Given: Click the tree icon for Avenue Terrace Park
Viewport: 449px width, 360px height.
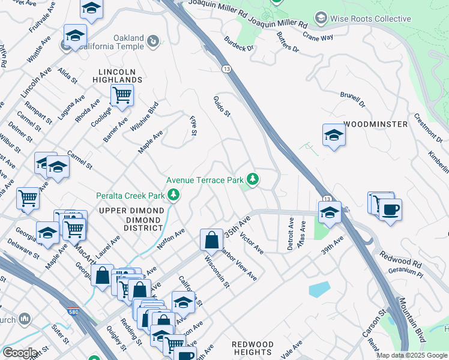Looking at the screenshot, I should coord(253,179).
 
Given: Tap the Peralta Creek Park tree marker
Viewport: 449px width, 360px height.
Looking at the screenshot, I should coord(173,194).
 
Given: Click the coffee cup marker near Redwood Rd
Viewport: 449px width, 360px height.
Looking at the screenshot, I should coord(390,210).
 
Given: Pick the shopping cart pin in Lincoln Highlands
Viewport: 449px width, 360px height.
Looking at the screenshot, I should coord(122,94).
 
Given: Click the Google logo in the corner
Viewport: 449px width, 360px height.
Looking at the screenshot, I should coord(20,353).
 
